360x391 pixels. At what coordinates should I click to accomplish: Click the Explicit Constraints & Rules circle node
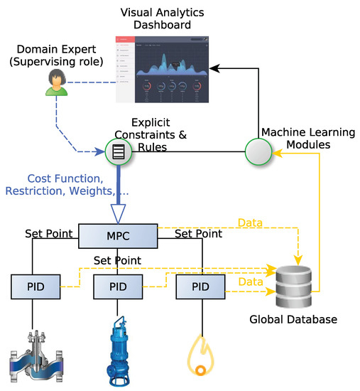pyautogui.click(x=118, y=151)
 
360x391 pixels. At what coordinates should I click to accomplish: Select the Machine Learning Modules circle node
pyautogui.click(x=258, y=151)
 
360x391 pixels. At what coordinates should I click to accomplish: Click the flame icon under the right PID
pyautogui.click(x=200, y=355)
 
